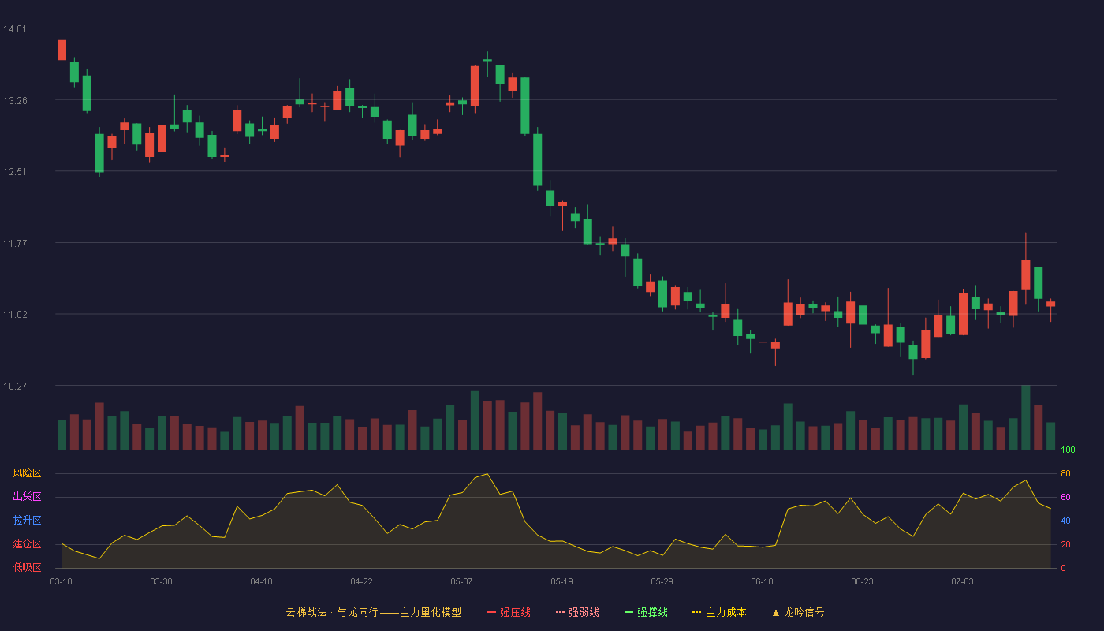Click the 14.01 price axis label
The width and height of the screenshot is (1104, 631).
click(x=15, y=29)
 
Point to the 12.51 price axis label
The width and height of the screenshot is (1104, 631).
click(x=15, y=172)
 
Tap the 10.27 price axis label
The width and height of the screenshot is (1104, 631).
click(x=15, y=386)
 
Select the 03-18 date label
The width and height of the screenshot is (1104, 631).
click(x=62, y=582)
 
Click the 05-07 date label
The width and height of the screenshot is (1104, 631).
click(x=461, y=582)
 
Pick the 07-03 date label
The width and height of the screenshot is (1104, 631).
click(x=962, y=582)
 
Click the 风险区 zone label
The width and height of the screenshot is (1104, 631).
click(x=27, y=473)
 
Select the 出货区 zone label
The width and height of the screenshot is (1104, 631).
click(x=27, y=496)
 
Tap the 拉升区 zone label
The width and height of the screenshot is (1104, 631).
click(x=27, y=520)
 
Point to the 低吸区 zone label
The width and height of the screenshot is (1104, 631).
click(x=27, y=567)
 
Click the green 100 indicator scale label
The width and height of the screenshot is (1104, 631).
click(x=1068, y=450)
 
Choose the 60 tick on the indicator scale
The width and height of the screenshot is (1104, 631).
click(x=1065, y=497)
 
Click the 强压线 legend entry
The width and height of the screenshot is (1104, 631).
click(x=509, y=613)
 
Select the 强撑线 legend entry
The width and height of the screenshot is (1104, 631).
click(x=646, y=613)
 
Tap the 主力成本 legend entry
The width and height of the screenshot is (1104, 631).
click(x=719, y=613)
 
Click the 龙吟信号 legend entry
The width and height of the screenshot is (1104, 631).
click(x=798, y=613)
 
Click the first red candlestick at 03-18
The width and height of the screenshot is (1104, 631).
click(x=62, y=50)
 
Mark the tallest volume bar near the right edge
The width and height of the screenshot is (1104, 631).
click(x=1026, y=417)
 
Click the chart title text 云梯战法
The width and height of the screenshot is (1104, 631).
click(x=307, y=613)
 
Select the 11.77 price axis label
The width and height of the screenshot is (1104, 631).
click(x=15, y=244)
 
